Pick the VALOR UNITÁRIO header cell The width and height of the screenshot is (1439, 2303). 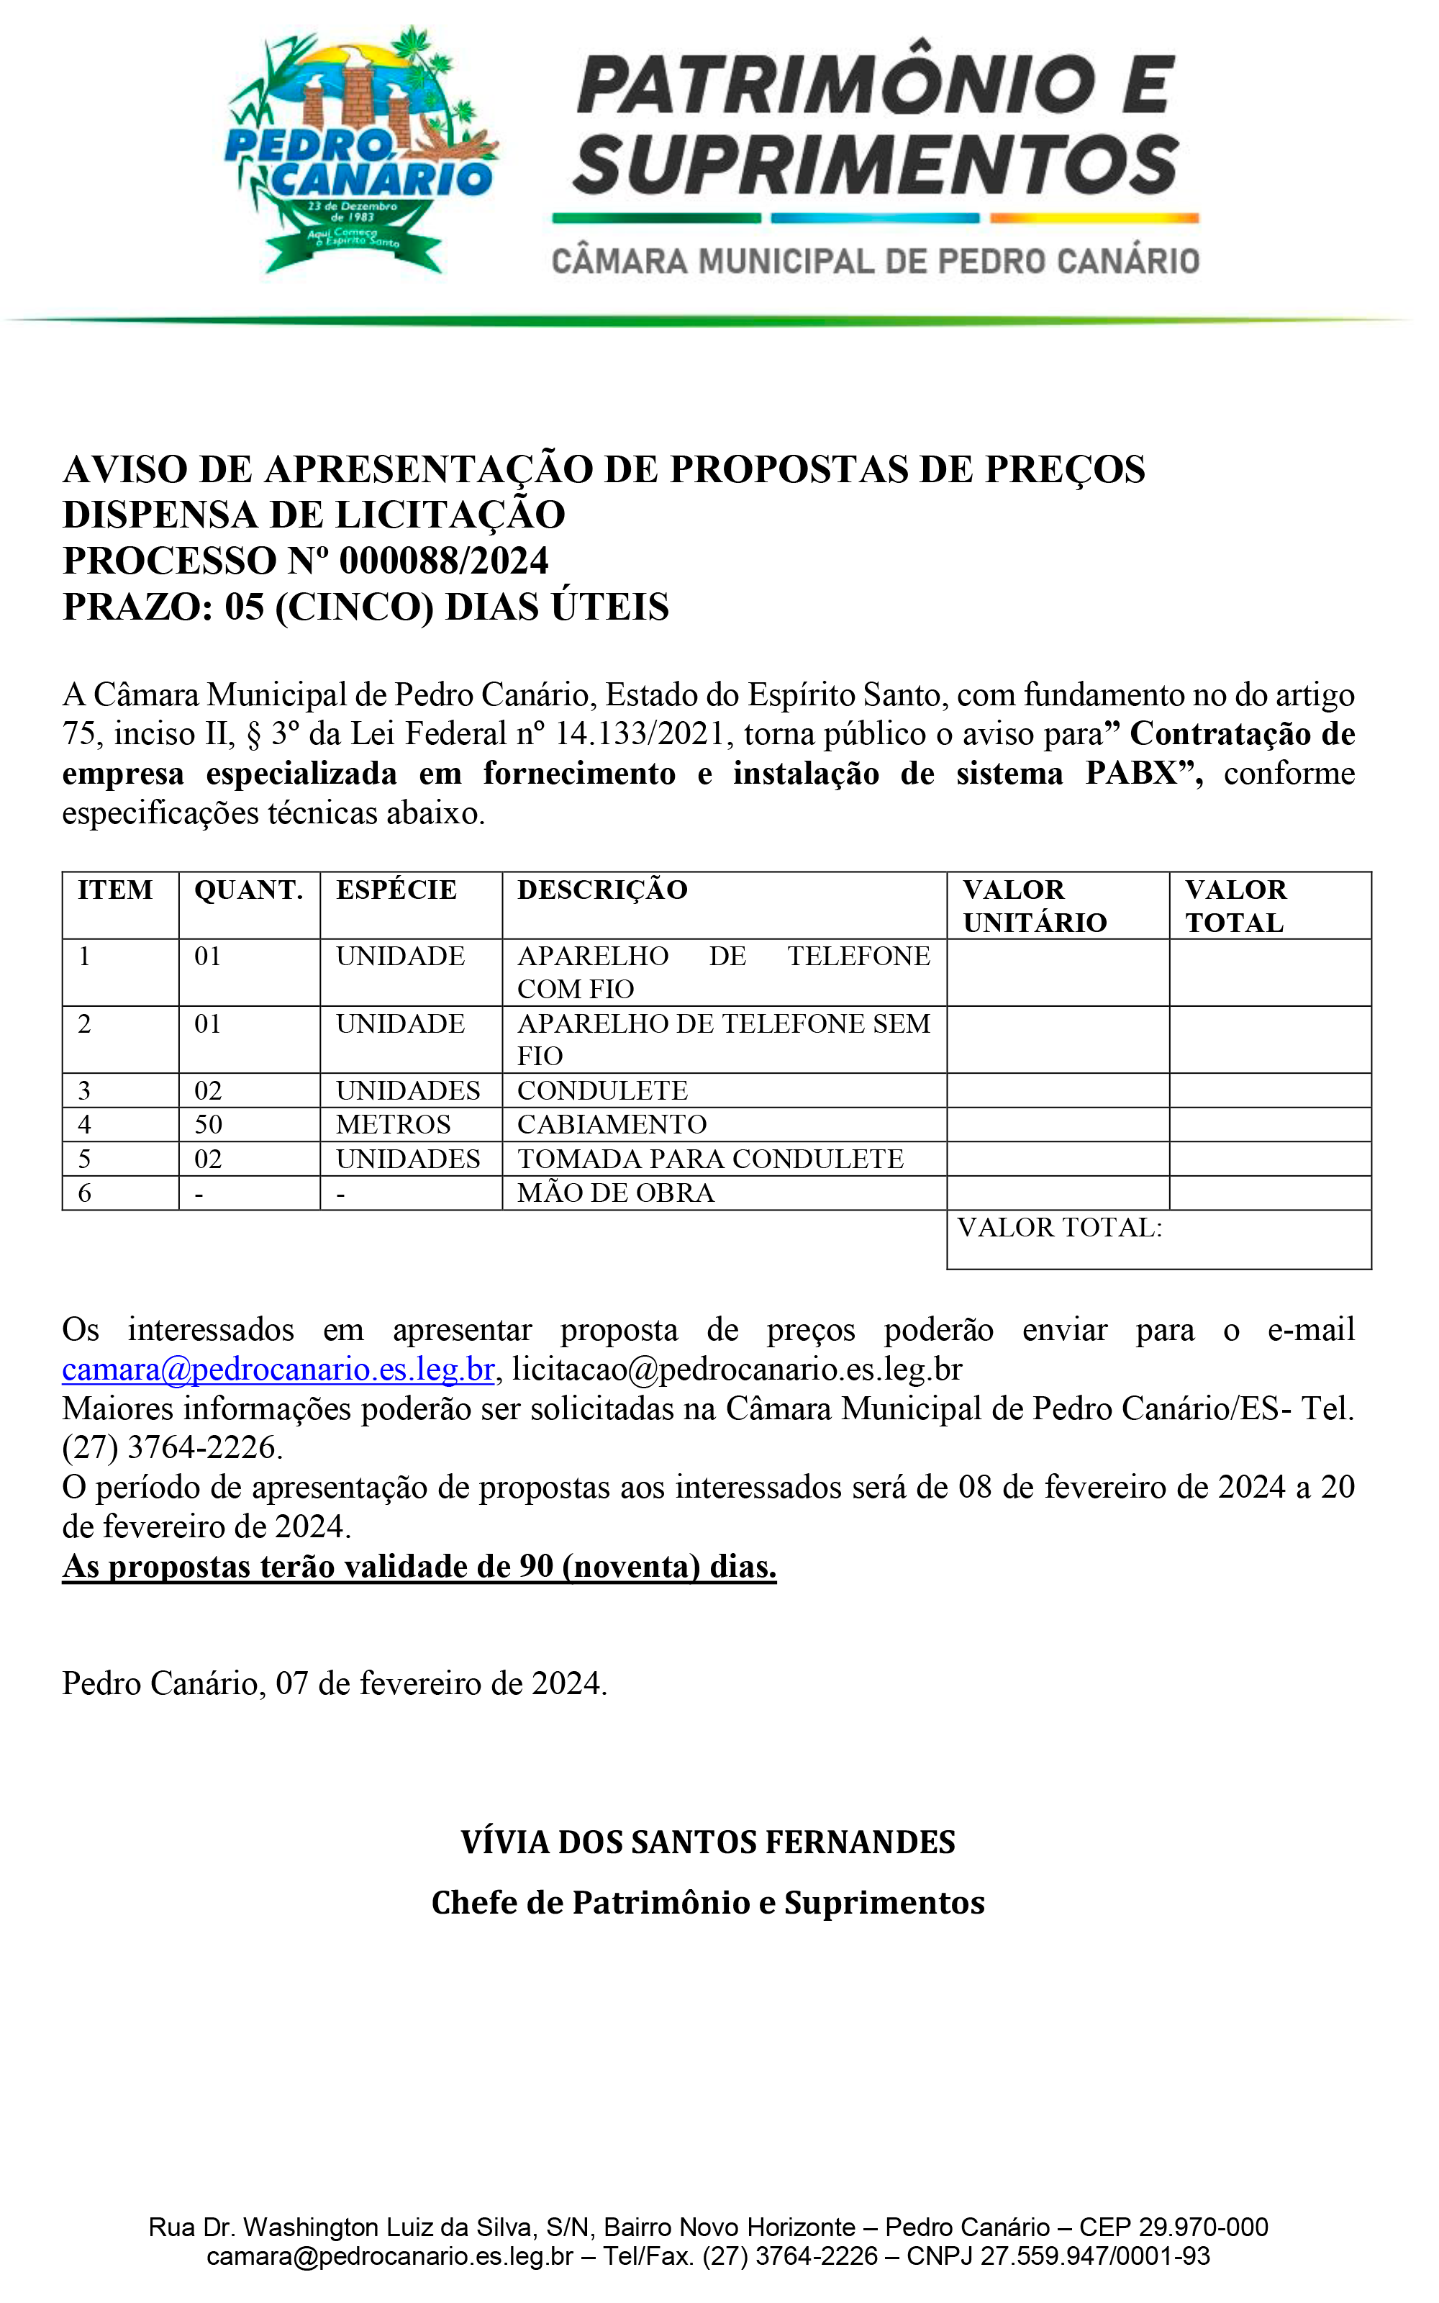tap(1035, 906)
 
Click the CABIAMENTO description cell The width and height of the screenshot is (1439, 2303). tap(612, 1125)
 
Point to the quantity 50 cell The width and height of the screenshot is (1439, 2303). tap(209, 1125)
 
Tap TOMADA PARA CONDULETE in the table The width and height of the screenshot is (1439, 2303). tap(710, 1159)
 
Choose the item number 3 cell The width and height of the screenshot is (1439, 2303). tap(85, 1090)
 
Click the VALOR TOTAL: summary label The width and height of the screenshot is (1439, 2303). tap(1059, 1228)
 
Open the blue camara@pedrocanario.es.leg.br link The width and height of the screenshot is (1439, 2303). tap(278, 1370)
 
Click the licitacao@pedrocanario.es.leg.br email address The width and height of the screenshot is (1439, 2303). tap(737, 1370)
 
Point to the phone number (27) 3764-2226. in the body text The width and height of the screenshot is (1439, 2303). tap(172, 1447)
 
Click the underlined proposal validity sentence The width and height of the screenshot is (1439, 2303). tap(419, 1567)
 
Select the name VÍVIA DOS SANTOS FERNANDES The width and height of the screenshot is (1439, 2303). tap(708, 1842)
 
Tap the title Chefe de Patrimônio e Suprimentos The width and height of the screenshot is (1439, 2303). tap(708, 1904)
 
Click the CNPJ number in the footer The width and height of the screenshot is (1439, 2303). tap(1094, 2256)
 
